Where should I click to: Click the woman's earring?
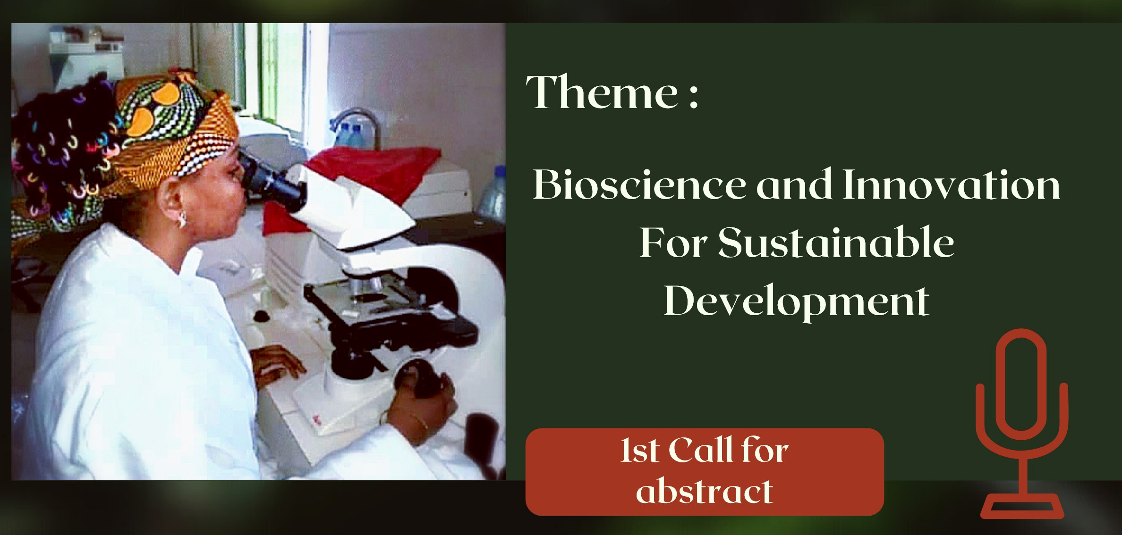pos(181,220)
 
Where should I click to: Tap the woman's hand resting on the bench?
pos(276,361)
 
